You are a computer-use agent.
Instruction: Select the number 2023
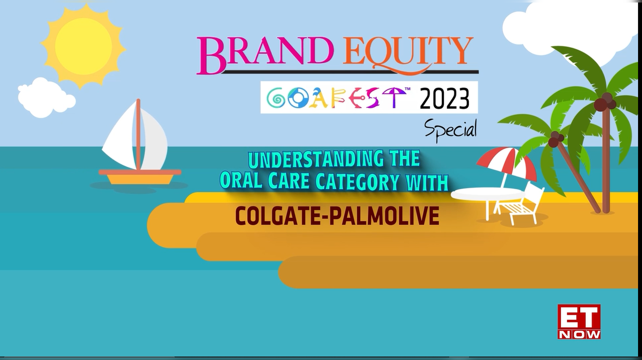click(x=444, y=99)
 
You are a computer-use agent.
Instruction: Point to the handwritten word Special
click(x=450, y=129)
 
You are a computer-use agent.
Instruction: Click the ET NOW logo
click(x=579, y=321)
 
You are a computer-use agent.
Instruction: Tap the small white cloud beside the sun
click(x=44, y=97)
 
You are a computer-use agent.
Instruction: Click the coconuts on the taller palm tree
click(x=605, y=102)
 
